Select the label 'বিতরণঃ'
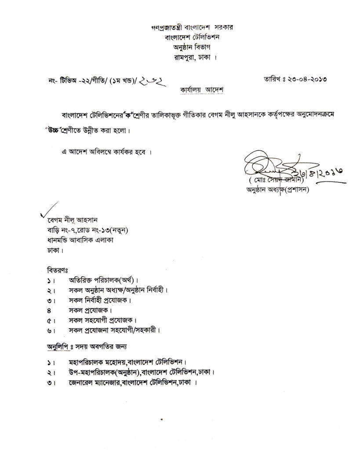(57, 269)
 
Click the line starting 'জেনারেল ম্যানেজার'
(132, 383)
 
